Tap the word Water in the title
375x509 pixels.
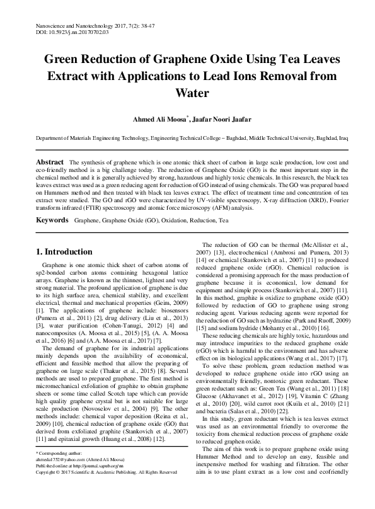pos(187,93)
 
